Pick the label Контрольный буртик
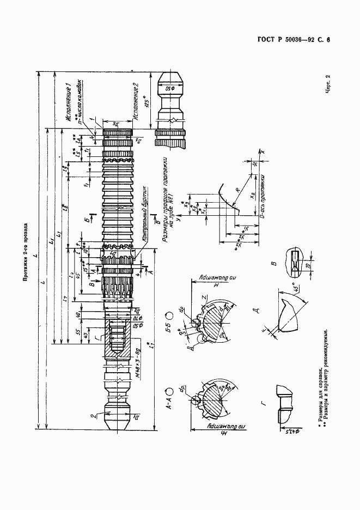144,215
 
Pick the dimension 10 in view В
307,266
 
